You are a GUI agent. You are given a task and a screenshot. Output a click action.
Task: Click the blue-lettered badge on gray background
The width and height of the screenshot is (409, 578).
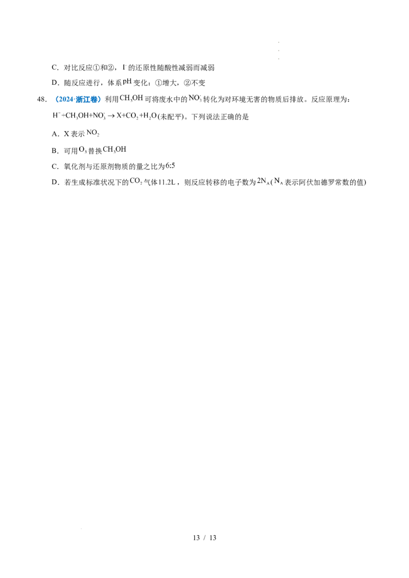click(x=78, y=99)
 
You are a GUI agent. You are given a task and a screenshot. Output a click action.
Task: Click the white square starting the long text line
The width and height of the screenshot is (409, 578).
click(x=51, y=116)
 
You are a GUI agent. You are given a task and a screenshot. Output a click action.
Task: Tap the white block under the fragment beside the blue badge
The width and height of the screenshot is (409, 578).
click(x=131, y=104)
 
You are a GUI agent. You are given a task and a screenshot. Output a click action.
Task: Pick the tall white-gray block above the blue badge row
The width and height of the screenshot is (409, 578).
click(x=124, y=67)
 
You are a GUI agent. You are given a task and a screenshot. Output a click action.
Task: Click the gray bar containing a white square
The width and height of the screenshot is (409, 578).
click(x=269, y=178)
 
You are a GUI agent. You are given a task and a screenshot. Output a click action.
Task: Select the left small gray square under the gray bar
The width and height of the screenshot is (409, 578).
click(x=267, y=186)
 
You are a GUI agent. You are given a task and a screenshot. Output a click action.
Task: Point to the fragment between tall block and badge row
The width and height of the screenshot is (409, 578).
click(x=127, y=82)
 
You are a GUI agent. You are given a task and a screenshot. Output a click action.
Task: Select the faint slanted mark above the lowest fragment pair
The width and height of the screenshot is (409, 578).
click(x=173, y=164)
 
